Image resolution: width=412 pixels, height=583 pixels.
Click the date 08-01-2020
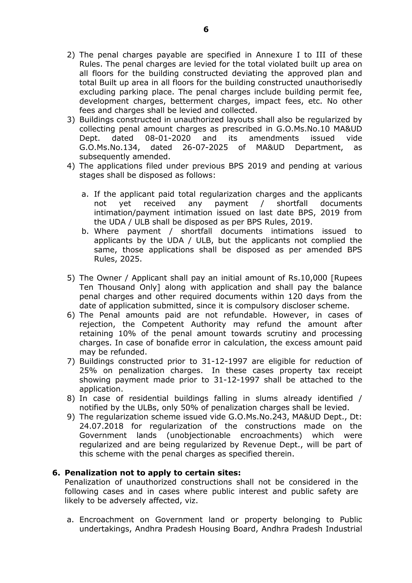(x=168, y=138)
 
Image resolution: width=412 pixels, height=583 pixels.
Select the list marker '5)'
(x=71, y=278)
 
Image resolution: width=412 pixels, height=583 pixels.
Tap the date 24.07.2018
(x=101, y=426)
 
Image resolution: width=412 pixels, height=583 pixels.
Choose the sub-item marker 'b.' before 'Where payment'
(x=85, y=231)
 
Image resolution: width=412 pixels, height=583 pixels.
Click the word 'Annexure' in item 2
(x=272, y=55)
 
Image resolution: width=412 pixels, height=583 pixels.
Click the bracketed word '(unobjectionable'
(x=198, y=435)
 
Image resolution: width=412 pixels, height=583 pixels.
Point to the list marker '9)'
(x=71, y=417)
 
